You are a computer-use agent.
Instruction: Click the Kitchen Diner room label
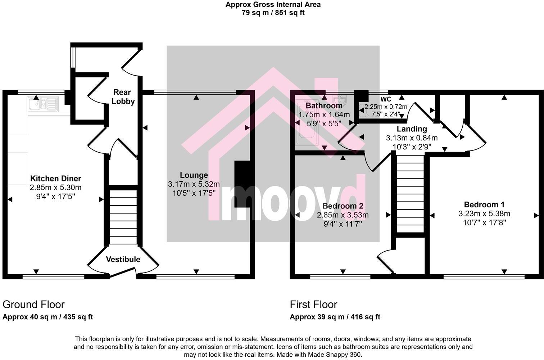[x=55, y=179]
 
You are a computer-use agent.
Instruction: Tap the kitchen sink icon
[x=42, y=104]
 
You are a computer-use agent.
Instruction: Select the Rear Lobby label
[x=123, y=97]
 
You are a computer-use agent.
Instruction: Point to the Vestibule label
[x=123, y=260]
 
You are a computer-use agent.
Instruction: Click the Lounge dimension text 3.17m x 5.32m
[x=194, y=184]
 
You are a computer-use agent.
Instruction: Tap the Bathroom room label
[x=324, y=106]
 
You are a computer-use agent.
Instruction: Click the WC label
[x=386, y=99]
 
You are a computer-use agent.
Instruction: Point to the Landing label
[x=412, y=129]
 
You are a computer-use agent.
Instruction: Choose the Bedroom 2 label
[x=343, y=206]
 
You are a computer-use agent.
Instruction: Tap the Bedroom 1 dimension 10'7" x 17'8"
[x=484, y=222]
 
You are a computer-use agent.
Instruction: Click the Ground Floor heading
[x=33, y=305]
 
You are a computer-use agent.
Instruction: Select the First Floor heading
[x=313, y=305]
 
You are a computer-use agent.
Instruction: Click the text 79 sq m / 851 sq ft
[x=273, y=13]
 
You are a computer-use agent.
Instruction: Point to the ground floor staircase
[x=123, y=217]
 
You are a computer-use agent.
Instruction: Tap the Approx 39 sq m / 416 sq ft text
[x=335, y=317]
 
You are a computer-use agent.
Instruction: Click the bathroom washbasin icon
[x=340, y=100]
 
